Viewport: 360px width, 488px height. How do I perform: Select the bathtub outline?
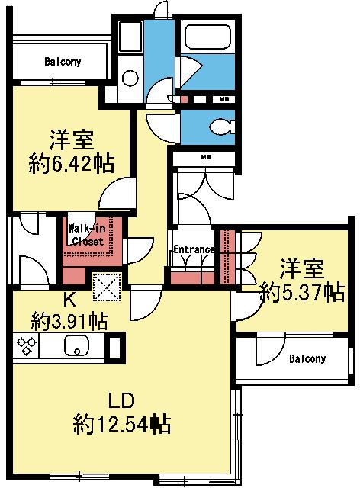pyautogui.click(x=205, y=46)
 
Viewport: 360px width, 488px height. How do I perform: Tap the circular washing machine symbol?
pyautogui.click(x=129, y=78)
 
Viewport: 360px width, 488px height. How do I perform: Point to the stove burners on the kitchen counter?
pyautogui.click(x=25, y=347)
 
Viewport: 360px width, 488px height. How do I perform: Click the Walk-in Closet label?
pyautogui.click(x=87, y=234)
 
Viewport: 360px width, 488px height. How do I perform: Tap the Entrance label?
pyautogui.click(x=193, y=249)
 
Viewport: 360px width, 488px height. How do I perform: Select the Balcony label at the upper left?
pyautogui.click(x=63, y=61)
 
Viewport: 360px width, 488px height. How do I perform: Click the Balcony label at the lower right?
pyautogui.click(x=307, y=358)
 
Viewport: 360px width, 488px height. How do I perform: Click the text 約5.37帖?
pyautogui.click(x=301, y=292)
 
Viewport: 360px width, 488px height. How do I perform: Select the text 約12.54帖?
pyautogui.click(x=121, y=422)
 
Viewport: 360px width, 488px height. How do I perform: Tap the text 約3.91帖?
pyautogui.click(x=68, y=320)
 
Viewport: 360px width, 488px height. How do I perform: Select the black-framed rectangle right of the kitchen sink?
pyautogui.click(x=115, y=347)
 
